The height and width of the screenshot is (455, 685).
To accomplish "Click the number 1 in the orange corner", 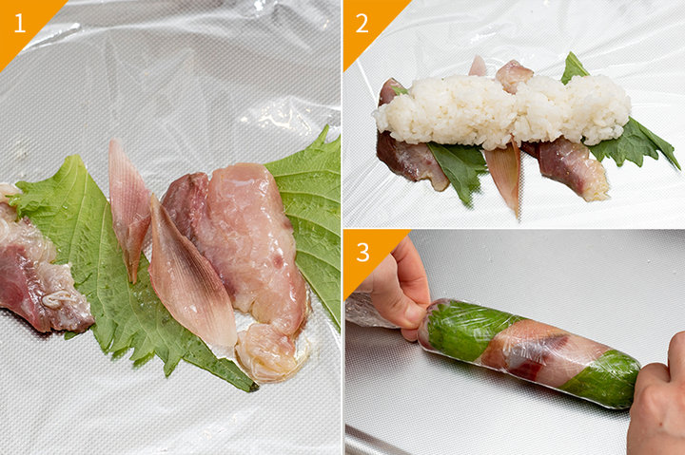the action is [19, 23].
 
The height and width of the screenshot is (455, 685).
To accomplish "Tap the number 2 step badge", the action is [362, 23].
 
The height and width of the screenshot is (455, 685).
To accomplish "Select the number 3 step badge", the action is [362, 252].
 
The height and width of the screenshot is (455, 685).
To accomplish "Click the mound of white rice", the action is [502, 109].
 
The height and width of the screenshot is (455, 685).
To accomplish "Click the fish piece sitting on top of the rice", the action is [514, 75].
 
